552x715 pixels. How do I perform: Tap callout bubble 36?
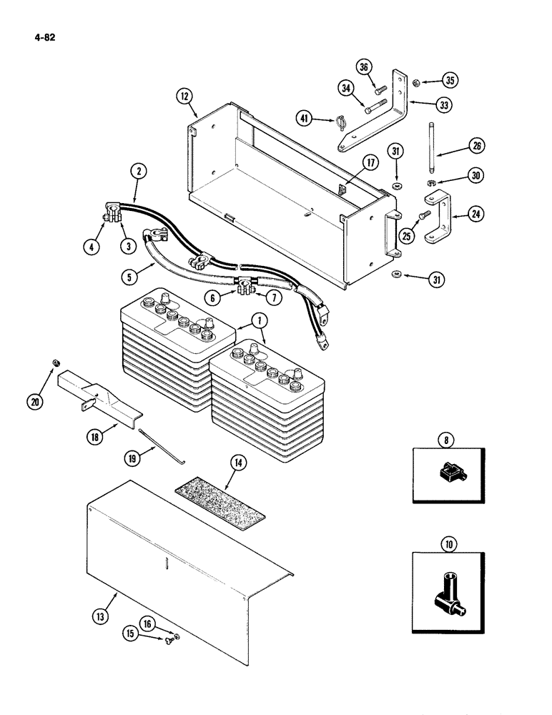(x=364, y=67)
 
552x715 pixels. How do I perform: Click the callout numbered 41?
(x=305, y=119)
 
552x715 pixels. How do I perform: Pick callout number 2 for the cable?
(x=138, y=171)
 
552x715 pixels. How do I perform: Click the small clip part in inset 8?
(x=448, y=473)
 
